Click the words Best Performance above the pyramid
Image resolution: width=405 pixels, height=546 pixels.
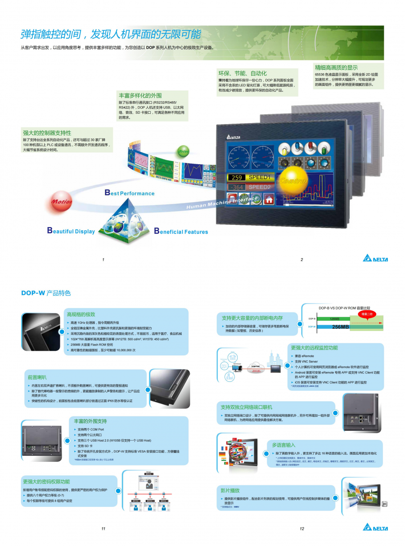[129, 193]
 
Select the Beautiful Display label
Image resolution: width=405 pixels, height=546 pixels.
[71, 231]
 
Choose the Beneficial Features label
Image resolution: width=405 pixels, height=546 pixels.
[181, 232]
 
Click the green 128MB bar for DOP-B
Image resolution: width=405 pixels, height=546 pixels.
[336, 319]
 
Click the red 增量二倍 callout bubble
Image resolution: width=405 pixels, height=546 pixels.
[368, 313]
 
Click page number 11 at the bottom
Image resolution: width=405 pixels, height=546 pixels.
[103, 528]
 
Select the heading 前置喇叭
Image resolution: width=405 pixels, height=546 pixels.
[37, 377]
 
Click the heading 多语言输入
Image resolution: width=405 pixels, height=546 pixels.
[283, 445]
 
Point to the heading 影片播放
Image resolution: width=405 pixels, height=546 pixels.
[230, 490]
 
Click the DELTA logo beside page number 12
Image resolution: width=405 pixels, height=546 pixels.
[375, 528]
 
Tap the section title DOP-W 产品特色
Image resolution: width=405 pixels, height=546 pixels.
[46, 293]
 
